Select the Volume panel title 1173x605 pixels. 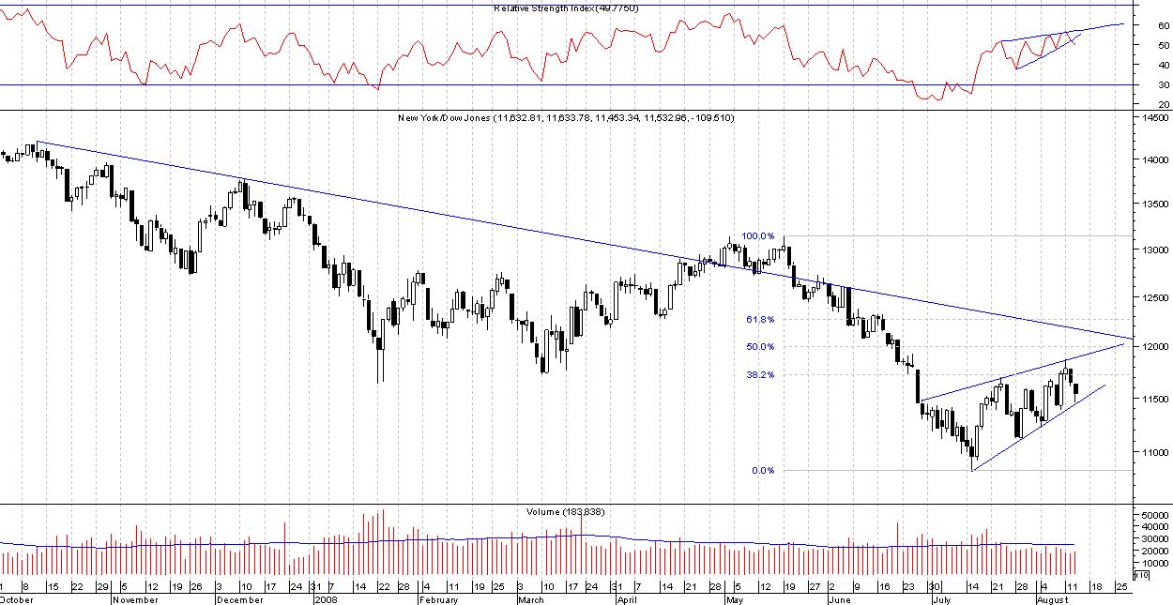564,511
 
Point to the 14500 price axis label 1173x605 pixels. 1151,118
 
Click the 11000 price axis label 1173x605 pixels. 1151,453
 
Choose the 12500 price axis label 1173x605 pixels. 1151,297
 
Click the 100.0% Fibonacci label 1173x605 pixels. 758,236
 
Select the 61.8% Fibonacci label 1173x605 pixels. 760,320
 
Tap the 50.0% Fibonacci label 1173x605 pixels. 760,347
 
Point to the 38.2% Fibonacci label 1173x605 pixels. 760,374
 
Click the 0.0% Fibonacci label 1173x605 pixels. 762,471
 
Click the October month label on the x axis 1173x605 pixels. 18,598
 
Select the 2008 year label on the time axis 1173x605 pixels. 326,598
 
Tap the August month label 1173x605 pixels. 1053,598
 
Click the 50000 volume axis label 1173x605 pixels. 1151,516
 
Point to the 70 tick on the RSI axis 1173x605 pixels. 1137,6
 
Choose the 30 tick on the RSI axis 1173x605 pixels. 1137,85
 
